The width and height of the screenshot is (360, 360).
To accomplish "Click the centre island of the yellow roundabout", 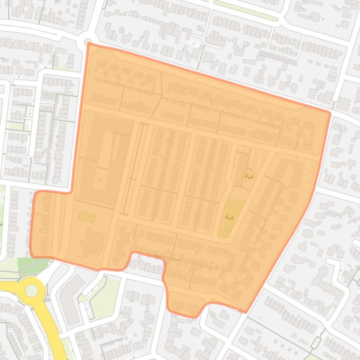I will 31,290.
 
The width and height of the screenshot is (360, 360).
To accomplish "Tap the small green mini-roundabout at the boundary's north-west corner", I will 88,43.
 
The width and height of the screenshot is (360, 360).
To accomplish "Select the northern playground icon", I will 249,176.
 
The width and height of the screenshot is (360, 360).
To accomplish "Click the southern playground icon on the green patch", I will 229,217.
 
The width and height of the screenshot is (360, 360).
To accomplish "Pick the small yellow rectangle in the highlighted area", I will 87,216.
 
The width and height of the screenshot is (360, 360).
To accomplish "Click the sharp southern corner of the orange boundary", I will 245,311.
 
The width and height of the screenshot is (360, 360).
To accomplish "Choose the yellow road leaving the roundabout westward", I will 9,287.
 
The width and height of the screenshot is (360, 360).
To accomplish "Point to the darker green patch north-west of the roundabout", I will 33,266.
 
